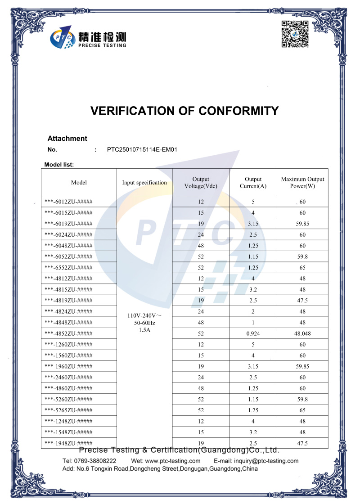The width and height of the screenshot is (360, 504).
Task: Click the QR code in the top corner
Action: pyautogui.click(x=295, y=34)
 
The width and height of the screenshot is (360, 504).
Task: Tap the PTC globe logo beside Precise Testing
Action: pyautogui.click(x=62, y=39)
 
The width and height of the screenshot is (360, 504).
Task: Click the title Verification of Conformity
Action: pyautogui.click(x=184, y=111)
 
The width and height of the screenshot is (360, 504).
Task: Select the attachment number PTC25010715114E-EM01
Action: pyautogui.click(x=142, y=149)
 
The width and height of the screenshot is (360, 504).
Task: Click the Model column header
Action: pyautogui.click(x=79, y=183)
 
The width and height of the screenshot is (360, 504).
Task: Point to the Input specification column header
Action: pyautogui.click(x=144, y=183)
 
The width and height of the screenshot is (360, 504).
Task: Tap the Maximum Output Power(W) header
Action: pyautogui.click(x=302, y=183)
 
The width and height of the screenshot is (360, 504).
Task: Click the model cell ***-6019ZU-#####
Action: pyautogui.click(x=69, y=224)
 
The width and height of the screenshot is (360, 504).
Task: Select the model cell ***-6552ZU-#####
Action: pyautogui.click(x=69, y=268)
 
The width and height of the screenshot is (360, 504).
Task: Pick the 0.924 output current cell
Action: pyautogui.click(x=253, y=333)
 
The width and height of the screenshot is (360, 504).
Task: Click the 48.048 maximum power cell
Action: pyautogui.click(x=302, y=333)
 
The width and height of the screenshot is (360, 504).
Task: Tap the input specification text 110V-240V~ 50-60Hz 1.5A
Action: pyautogui.click(x=144, y=323)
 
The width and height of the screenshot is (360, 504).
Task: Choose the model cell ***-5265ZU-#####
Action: pyautogui.click(x=69, y=410)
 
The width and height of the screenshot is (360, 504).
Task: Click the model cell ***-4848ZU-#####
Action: pyautogui.click(x=69, y=323)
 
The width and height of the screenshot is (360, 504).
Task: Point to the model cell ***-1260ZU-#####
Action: pyautogui.click(x=69, y=345)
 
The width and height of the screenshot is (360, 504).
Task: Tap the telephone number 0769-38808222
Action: pyautogui.click(x=95, y=461)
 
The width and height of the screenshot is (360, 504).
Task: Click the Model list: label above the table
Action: pyautogui.click(x=59, y=165)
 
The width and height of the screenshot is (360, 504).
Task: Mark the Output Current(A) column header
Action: pyautogui.click(x=253, y=183)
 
